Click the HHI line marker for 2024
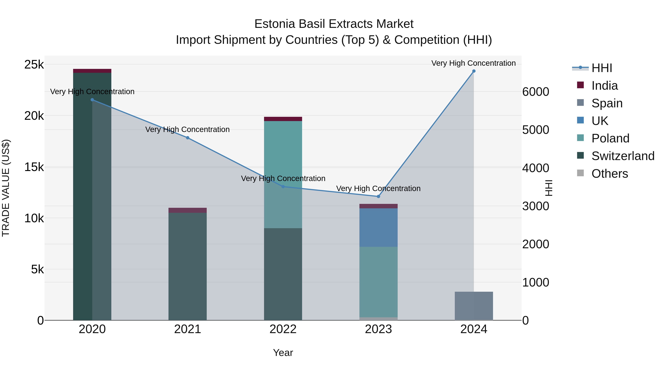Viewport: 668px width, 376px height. point(474,71)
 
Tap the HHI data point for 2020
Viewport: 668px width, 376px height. point(92,100)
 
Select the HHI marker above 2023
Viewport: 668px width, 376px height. point(378,196)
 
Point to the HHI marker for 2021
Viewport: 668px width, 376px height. point(188,138)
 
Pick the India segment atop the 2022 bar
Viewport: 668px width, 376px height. point(283,119)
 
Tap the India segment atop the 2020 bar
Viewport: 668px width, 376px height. point(92,71)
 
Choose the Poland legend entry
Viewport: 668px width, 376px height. point(610,138)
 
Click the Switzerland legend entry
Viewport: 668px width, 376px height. point(623,156)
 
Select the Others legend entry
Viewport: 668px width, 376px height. point(609,174)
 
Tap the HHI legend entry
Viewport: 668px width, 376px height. point(602,68)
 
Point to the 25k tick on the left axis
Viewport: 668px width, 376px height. point(34,65)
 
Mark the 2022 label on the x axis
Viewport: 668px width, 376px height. point(283,329)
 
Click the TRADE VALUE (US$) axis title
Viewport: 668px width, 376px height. point(6,188)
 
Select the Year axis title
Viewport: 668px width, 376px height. point(283,353)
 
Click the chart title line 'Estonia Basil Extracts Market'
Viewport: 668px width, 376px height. point(334,24)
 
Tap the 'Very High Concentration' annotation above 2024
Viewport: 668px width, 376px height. point(474,63)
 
